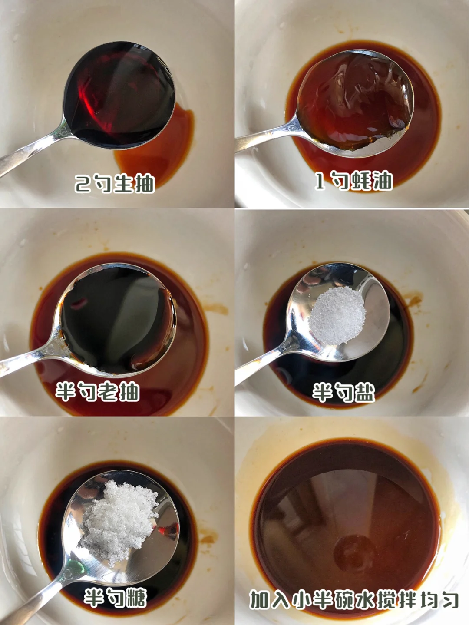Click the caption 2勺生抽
115,183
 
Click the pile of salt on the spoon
337,315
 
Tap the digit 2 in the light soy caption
83,184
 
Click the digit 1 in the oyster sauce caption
320,181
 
